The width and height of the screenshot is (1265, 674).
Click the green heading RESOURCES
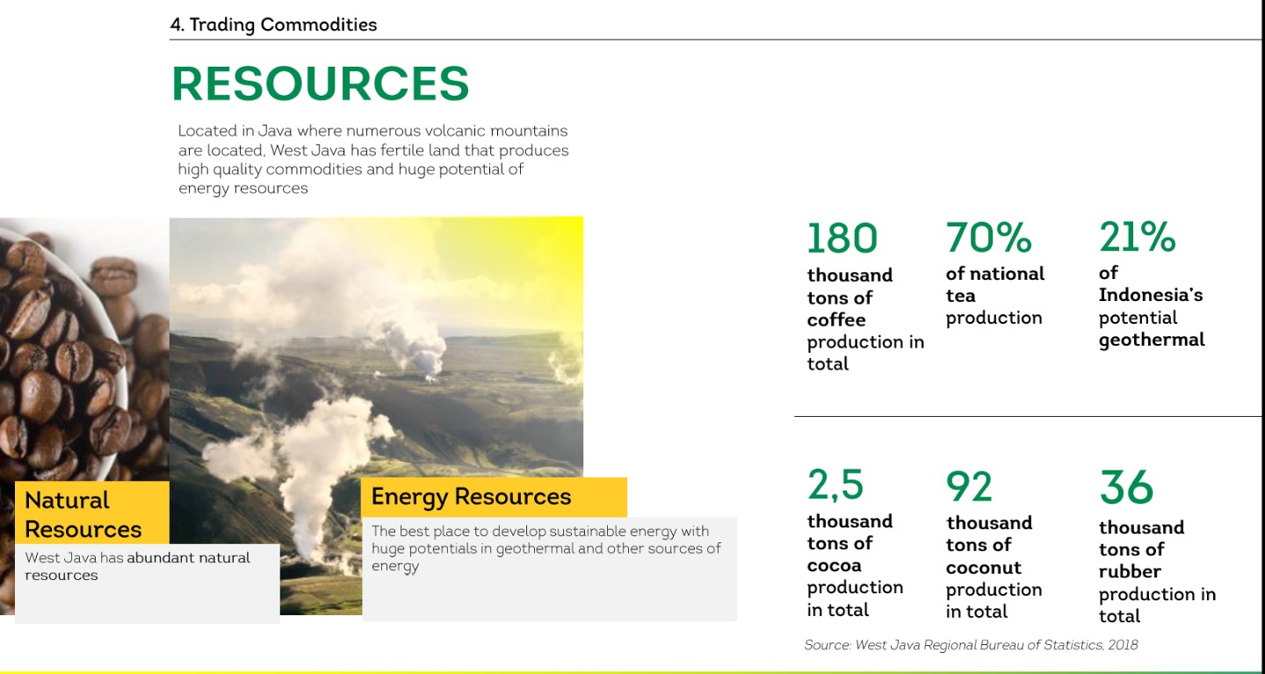[320, 83]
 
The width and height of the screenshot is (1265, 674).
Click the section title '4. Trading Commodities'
[273, 25]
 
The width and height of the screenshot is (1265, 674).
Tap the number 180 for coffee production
[842, 238]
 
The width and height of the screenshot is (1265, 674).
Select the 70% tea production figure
[989, 237]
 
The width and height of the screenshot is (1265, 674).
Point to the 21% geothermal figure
[1138, 236]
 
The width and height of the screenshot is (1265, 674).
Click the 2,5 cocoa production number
[835, 484]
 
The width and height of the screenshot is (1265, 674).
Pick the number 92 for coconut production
[969, 487]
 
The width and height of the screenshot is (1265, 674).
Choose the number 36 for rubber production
[1126, 487]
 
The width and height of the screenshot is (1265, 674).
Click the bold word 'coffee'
[836, 319]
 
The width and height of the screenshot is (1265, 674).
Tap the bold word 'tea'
[961, 296]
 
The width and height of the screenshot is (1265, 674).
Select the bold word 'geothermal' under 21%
[1152, 341]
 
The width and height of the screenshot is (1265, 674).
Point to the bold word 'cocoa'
[835, 565]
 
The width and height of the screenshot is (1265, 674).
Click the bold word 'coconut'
[984, 568]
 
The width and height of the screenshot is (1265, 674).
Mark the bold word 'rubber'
[1130, 571]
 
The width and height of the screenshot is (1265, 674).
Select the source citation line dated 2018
[971, 645]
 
